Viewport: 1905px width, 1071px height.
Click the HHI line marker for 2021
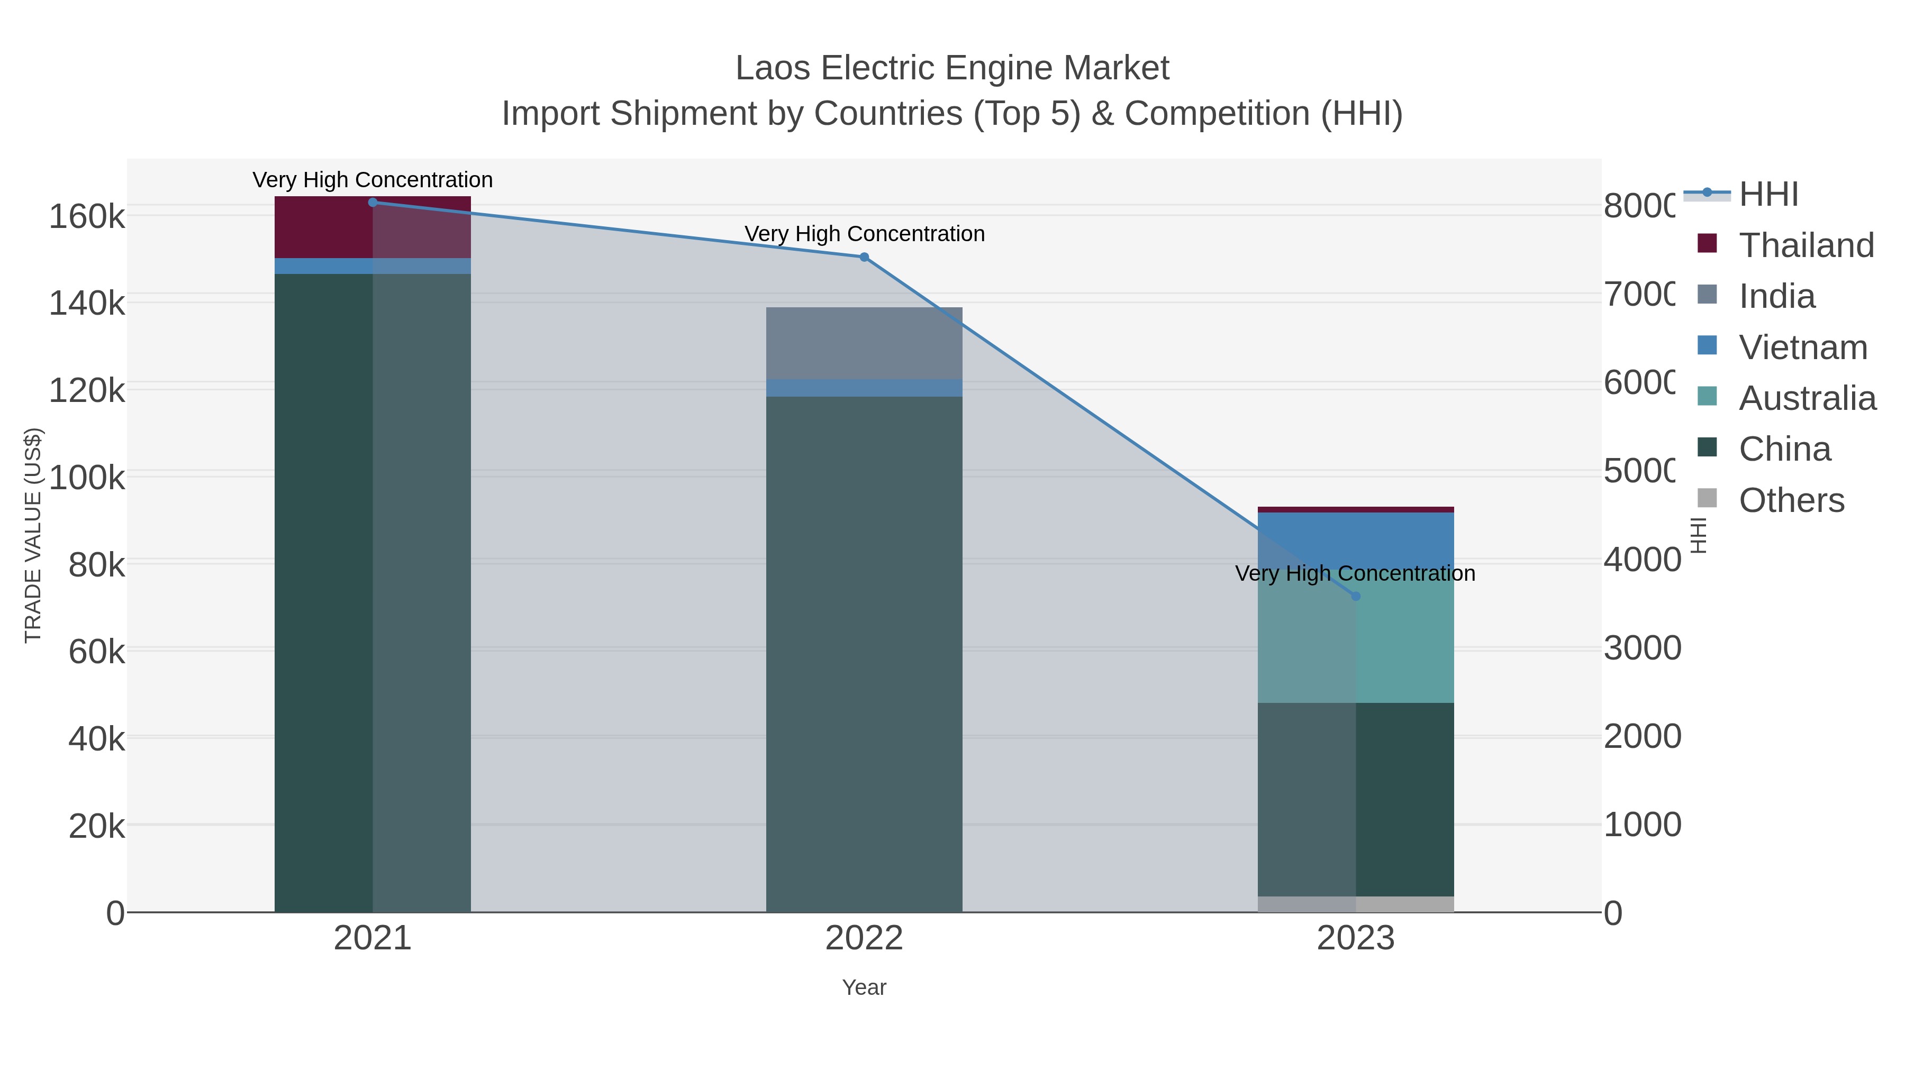tap(373, 202)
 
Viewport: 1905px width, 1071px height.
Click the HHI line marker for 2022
tap(864, 257)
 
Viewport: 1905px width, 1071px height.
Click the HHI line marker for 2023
tap(1356, 596)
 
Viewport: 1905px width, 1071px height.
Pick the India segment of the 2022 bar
tap(864, 343)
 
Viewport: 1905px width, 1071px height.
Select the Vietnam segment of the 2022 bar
tap(864, 388)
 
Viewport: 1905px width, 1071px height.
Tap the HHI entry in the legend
tap(1768, 195)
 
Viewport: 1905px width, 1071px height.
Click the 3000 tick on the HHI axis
tap(1641, 648)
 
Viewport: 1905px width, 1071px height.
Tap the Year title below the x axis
tap(864, 987)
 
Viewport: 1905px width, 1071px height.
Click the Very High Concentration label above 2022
tap(864, 234)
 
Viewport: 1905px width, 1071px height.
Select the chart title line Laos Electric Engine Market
tap(952, 68)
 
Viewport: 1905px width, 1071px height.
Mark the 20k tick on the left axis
tap(97, 826)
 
